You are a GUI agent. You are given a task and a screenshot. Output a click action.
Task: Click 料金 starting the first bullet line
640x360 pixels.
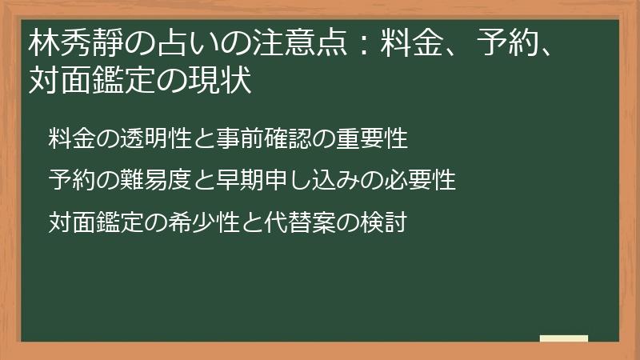point(69,138)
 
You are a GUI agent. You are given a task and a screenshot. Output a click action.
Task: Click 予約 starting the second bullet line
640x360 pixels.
point(69,180)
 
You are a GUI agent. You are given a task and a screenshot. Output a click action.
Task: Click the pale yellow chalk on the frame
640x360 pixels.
point(564,338)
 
